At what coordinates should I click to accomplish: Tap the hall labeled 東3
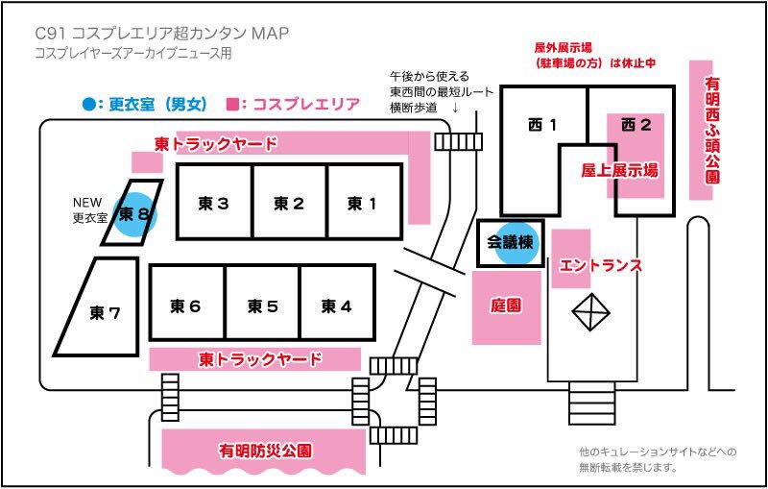pyautogui.click(x=214, y=203)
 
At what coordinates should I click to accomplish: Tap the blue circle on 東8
pyautogui.click(x=133, y=212)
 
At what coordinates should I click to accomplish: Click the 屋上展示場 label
pyautogui.click(x=619, y=171)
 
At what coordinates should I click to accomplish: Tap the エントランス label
pyautogui.click(x=600, y=265)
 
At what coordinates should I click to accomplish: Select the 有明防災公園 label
pyautogui.click(x=266, y=451)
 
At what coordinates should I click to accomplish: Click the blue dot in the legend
pyautogui.click(x=89, y=104)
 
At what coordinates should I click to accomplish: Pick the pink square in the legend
pyautogui.click(x=231, y=104)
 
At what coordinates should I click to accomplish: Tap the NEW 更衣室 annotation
pyautogui.click(x=92, y=210)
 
